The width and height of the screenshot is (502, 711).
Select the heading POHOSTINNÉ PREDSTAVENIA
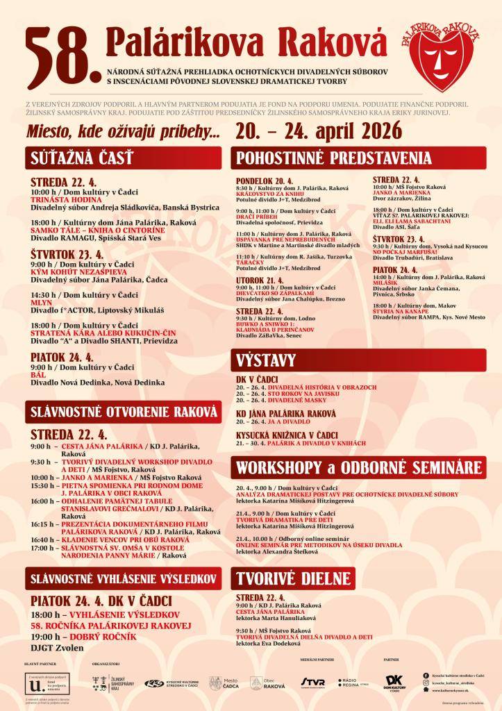(333, 158)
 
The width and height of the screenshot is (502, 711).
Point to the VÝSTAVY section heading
(267, 360)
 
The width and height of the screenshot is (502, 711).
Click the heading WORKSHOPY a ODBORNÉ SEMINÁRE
(359, 465)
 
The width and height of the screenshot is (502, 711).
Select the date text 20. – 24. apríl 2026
(319, 129)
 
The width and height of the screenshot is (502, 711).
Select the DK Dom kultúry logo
(394, 683)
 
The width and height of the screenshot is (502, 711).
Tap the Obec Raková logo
(267, 683)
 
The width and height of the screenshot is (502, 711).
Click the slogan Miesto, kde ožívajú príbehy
(123, 131)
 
